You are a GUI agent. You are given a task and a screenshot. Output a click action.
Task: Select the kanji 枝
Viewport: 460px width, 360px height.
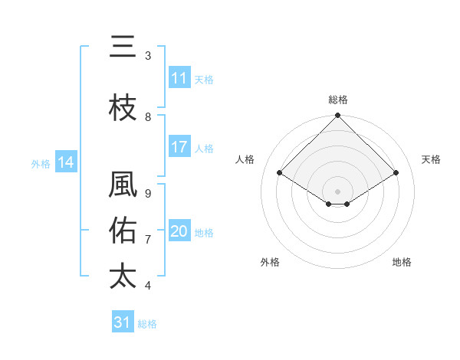pos(123,108)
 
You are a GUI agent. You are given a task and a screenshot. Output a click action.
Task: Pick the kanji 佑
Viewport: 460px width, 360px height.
pos(123,231)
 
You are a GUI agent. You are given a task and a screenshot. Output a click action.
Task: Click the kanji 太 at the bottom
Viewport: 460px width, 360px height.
pos(123,276)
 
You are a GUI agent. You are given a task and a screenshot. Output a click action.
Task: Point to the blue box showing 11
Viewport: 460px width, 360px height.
pos(179,78)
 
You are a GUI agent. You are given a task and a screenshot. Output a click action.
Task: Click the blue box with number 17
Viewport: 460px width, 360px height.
pos(179,148)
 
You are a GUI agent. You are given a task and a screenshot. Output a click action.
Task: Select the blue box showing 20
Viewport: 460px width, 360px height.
pos(179,231)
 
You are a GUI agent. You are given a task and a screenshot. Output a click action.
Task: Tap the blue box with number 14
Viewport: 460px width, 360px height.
pos(66,162)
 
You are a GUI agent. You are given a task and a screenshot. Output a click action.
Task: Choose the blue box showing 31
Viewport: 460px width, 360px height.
pos(123,322)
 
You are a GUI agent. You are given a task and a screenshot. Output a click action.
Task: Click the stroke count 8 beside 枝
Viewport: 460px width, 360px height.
pos(148,117)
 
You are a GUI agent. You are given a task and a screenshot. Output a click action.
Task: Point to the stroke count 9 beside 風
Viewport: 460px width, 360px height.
pos(148,194)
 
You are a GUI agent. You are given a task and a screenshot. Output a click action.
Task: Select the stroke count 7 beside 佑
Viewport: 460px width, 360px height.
pos(148,239)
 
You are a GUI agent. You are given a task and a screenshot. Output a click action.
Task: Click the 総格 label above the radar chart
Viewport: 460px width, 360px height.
pos(338,100)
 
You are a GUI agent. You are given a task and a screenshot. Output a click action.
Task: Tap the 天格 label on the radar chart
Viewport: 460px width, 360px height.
pos(431,159)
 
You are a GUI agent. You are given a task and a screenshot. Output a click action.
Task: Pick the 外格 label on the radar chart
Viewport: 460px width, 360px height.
pos(270,262)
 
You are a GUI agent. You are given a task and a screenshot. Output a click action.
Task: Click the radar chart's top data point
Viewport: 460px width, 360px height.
pos(337,116)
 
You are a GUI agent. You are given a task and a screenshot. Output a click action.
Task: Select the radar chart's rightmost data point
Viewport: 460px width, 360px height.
pos(396,172)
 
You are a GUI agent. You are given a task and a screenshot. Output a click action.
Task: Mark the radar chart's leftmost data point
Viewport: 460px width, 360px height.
pos(280,172)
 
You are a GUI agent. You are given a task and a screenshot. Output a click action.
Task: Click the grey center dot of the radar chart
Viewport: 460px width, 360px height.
pos(337,190)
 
